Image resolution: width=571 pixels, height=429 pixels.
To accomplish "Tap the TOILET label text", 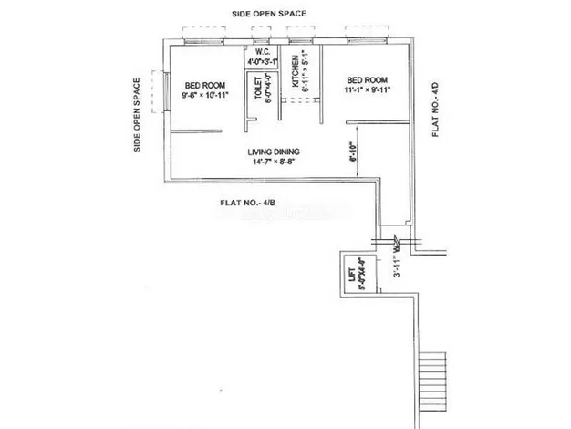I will pyautogui.click(x=257, y=89).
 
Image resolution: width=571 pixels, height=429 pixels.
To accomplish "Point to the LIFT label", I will pyautogui.click(x=349, y=274).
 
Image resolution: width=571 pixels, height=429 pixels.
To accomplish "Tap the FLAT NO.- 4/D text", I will pyautogui.click(x=436, y=110).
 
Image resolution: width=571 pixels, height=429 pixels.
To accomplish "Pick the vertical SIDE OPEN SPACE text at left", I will pyautogui.click(x=138, y=115).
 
